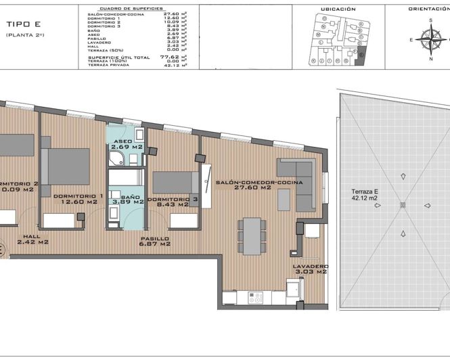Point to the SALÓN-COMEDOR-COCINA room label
[258, 183]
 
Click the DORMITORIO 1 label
[78, 196]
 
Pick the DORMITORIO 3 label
[173, 200]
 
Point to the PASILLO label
[155, 239]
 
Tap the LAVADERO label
[310, 267]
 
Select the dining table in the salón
[252, 238]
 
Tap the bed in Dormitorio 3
[175, 182]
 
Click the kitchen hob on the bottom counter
[256, 296]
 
